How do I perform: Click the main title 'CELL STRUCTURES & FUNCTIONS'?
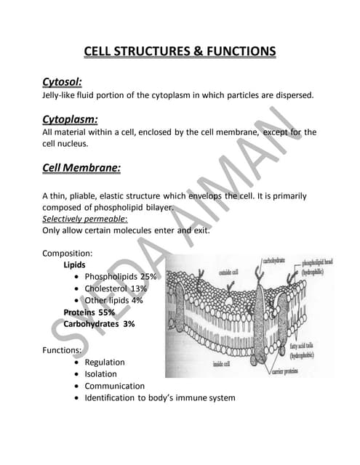point(180,51)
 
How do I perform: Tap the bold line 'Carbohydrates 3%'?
point(99,324)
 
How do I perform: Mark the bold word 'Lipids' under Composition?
point(75,265)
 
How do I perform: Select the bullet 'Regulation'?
point(105,362)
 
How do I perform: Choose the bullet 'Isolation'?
point(100,374)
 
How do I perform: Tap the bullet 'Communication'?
point(114,386)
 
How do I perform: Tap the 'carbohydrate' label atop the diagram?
point(274,259)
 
